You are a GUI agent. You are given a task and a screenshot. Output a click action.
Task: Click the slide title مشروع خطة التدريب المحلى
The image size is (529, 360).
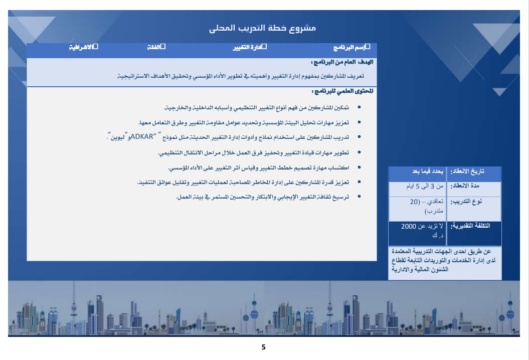click(262, 28)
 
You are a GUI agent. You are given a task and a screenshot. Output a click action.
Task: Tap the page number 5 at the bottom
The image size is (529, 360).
click(264, 347)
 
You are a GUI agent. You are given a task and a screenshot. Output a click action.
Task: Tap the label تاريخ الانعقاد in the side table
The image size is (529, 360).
click(467, 171)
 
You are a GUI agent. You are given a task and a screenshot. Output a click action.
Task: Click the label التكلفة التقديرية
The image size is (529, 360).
click(470, 226)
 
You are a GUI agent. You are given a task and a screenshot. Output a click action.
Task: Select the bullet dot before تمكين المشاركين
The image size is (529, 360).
click(358, 108)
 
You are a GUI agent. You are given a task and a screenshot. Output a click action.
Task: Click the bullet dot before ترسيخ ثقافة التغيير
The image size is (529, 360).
click(358, 198)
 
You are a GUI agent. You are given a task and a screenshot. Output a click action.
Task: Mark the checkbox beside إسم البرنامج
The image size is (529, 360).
click(368, 47)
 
